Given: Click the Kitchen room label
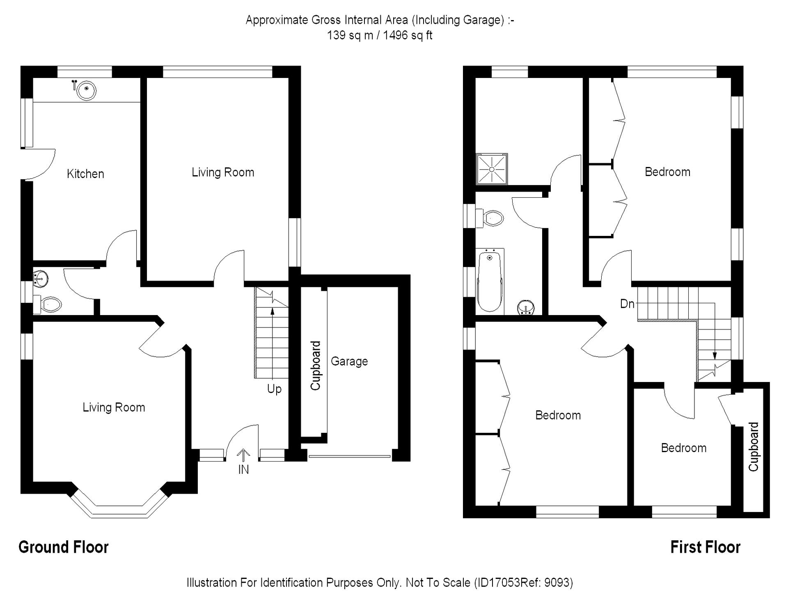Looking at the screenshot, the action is click(x=85, y=174).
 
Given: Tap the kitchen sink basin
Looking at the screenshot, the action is click(x=87, y=90).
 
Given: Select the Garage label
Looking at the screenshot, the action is click(x=349, y=361).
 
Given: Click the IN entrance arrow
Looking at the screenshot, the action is click(x=244, y=455).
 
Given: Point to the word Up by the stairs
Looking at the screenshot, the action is click(x=274, y=389).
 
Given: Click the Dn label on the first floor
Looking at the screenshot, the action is click(x=627, y=304).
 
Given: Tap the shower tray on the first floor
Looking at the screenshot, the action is click(x=492, y=169).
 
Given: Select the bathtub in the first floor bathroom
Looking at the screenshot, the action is click(x=490, y=281).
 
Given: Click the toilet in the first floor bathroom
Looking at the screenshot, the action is click(x=491, y=218).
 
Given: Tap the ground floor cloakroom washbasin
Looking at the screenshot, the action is click(x=41, y=278).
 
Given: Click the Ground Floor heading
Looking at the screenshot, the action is click(x=64, y=547).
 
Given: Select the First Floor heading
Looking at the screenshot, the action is click(x=705, y=547).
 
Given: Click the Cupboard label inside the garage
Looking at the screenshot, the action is click(x=315, y=366).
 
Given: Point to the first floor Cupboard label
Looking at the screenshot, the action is click(x=754, y=447).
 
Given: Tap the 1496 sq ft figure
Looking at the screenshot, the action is click(x=408, y=36).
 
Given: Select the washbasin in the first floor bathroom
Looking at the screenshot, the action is click(x=526, y=307).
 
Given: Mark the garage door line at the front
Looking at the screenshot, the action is click(x=349, y=456).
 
